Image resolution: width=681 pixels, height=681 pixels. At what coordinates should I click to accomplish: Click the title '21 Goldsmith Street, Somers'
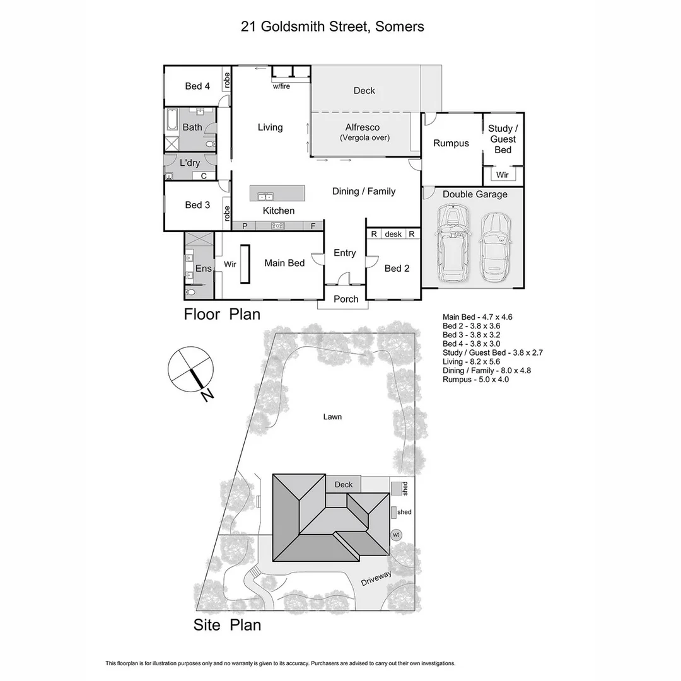[332, 26]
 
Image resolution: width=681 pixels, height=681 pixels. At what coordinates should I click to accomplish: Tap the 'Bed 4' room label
[197, 86]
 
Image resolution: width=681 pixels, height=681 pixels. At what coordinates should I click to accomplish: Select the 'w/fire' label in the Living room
[281, 86]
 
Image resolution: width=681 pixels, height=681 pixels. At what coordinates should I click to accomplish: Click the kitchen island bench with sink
[277, 193]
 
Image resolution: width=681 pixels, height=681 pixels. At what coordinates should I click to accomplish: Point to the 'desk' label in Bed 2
[393, 234]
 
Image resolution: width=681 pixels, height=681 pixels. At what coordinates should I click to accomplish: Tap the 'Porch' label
[346, 299]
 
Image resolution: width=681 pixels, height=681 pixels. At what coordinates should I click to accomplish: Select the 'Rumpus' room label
[451, 143]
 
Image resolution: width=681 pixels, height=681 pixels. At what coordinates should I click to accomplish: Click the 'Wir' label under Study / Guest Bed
[502, 175]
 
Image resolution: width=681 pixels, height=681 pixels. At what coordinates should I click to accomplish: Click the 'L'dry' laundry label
[190, 163]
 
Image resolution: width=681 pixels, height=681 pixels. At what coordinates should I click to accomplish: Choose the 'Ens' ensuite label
[204, 269]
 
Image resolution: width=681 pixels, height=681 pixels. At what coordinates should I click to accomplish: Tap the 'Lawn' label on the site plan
[332, 417]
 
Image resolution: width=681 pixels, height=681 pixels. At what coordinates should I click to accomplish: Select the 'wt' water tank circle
[396, 535]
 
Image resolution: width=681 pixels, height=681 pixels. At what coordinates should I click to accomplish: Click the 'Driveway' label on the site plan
[376, 578]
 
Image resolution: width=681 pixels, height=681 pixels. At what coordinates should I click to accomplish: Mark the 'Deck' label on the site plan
[344, 484]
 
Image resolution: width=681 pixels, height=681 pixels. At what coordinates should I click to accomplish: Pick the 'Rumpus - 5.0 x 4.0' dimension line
[475, 380]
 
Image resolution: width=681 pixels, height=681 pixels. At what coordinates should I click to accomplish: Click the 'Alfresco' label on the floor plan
[363, 127]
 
